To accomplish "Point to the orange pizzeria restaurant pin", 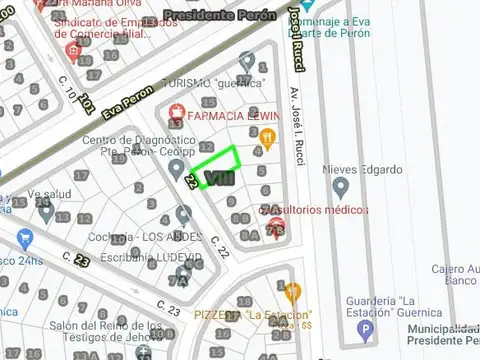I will [x=292, y=292].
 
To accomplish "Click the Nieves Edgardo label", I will [x=359, y=169].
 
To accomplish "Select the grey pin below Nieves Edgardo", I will [x=341, y=188].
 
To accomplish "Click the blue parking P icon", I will [x=367, y=329].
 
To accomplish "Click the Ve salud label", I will [x=50, y=194].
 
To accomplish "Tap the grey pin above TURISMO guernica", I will [x=247, y=62].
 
